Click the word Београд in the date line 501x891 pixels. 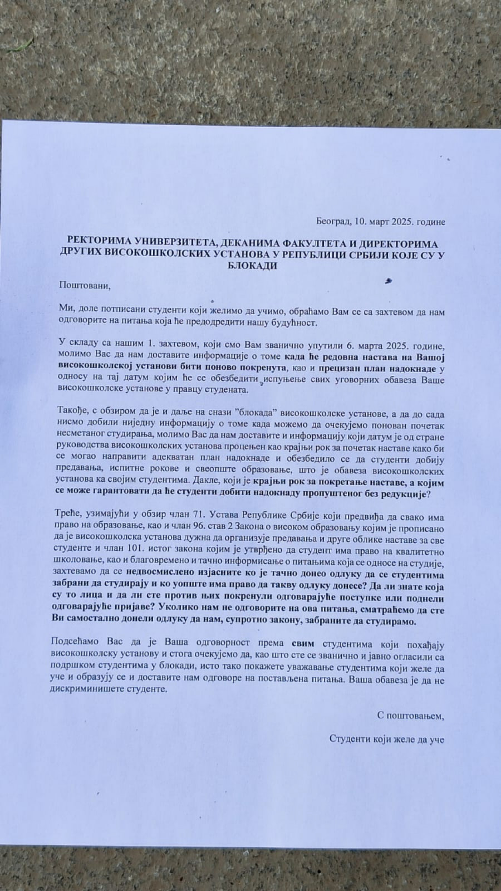pyautogui.click(x=333, y=222)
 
